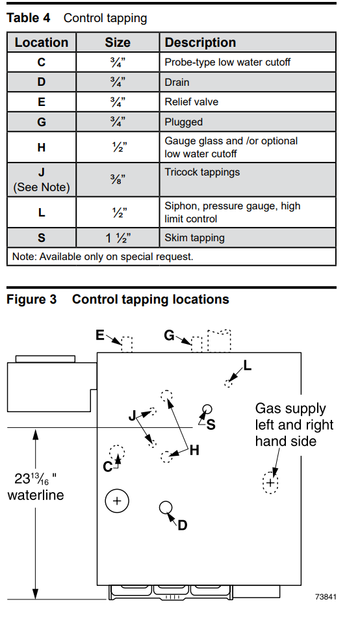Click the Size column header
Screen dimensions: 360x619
[x=118, y=42]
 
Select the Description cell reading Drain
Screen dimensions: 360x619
[x=248, y=82]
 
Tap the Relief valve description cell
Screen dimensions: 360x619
[x=248, y=102]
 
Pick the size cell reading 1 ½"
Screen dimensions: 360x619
[x=118, y=238]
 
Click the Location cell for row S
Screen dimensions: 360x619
[x=42, y=238]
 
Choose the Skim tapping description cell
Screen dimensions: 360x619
[x=248, y=238]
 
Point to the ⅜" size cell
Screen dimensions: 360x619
[x=118, y=180]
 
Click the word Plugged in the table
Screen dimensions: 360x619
[x=183, y=122]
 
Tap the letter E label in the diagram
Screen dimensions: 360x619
[x=100, y=335]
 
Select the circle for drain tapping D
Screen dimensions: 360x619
[x=166, y=507]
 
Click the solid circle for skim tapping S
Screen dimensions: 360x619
[x=207, y=410]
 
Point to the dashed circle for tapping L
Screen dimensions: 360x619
[x=228, y=383]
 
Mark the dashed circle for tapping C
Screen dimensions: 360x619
[x=117, y=453]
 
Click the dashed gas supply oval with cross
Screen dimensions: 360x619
[x=270, y=482]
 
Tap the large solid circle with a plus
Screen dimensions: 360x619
[x=117, y=501]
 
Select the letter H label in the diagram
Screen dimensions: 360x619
[x=194, y=450]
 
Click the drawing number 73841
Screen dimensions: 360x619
[x=326, y=596]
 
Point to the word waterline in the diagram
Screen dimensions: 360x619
[x=36, y=495]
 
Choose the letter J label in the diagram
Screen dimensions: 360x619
[x=132, y=415]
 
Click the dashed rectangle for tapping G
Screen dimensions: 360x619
[x=196, y=344]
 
